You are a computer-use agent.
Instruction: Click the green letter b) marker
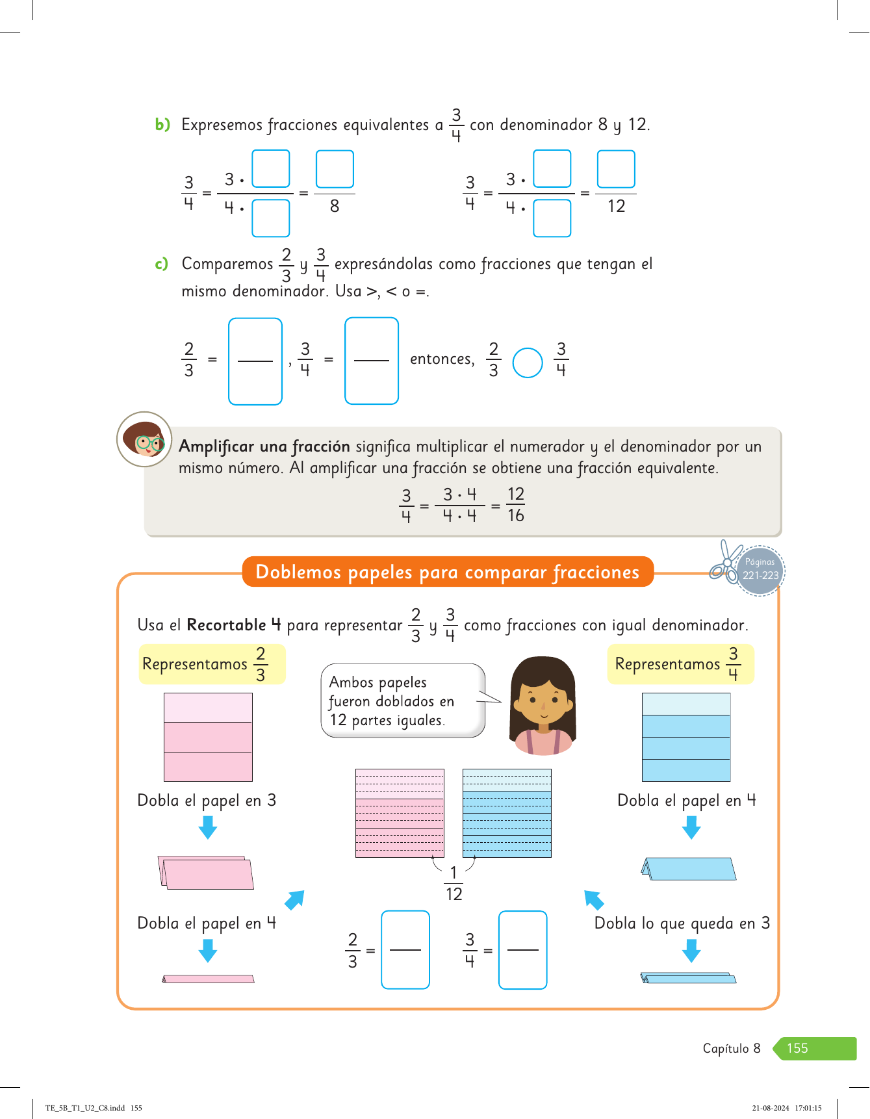click(x=162, y=124)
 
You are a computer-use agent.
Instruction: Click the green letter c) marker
click(x=162, y=264)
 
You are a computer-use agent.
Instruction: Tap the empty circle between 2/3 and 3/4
click(x=527, y=363)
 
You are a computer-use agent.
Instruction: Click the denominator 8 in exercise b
click(x=335, y=207)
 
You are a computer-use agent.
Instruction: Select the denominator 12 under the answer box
click(x=616, y=207)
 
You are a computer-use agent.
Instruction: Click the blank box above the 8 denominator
click(x=335, y=169)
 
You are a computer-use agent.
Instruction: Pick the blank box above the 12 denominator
click(x=616, y=169)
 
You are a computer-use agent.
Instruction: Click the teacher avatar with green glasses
click(x=144, y=439)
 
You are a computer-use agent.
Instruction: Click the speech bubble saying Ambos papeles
click(x=403, y=701)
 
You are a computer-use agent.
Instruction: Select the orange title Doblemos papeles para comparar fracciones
click(x=448, y=572)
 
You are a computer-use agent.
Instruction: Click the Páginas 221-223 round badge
click(x=760, y=570)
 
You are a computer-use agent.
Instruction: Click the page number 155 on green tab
click(x=797, y=1048)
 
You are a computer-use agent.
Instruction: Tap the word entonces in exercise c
click(x=441, y=359)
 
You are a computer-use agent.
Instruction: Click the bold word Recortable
click(x=226, y=625)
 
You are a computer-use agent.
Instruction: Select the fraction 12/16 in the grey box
click(x=516, y=505)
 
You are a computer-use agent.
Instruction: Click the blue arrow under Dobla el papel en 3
click(x=208, y=828)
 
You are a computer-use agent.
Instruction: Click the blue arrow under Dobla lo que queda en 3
click(x=691, y=951)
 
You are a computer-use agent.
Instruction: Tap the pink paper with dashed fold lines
click(x=400, y=813)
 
